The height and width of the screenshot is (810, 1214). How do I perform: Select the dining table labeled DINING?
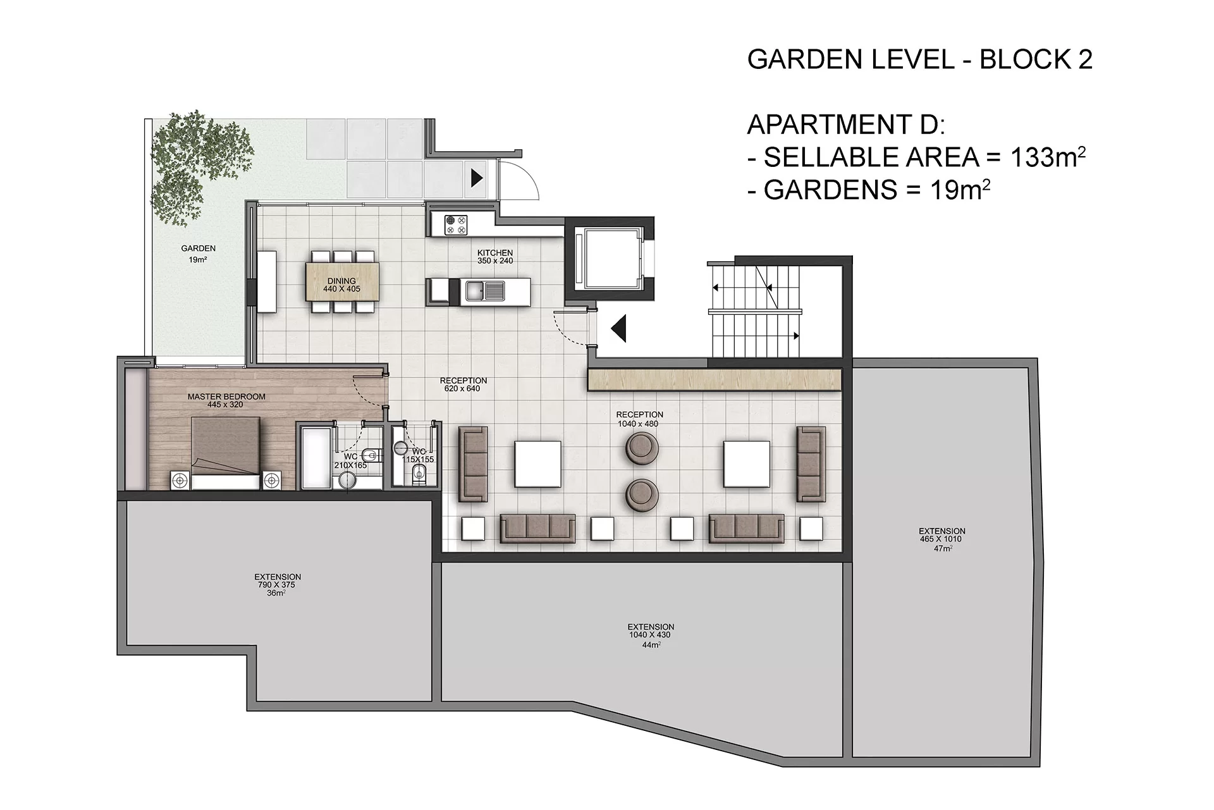coord(342,281)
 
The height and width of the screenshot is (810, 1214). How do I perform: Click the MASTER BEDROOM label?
coord(226,400)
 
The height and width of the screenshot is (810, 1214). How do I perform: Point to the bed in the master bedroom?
coord(226,453)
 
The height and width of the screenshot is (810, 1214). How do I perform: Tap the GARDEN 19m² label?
coord(198,254)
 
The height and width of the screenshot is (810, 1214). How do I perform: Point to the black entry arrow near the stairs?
coord(618,328)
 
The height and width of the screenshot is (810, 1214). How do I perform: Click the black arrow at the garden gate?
coord(477,178)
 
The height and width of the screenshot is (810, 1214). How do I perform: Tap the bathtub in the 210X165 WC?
coord(316,458)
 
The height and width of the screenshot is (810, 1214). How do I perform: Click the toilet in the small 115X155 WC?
coord(419,475)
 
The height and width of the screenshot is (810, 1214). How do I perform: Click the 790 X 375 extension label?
coord(277,585)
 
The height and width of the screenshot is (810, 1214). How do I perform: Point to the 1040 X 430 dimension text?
coord(650,635)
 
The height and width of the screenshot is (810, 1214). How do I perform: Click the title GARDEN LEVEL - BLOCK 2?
coord(920,59)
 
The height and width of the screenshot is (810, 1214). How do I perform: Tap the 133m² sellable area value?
coord(1048,157)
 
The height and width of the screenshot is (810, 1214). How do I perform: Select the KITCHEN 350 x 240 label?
coord(495,257)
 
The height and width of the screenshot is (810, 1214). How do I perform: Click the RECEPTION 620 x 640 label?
coord(463,384)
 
